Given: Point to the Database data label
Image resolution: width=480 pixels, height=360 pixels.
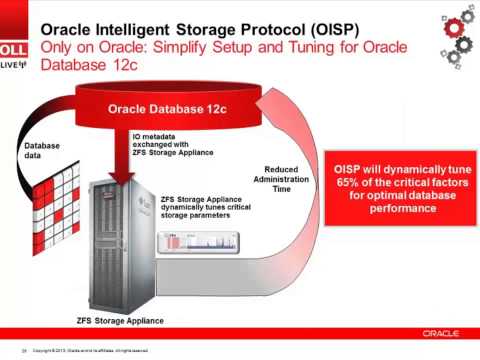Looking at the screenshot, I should click(42, 151).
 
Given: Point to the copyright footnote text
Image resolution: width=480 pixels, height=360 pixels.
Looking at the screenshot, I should click(90, 351).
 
